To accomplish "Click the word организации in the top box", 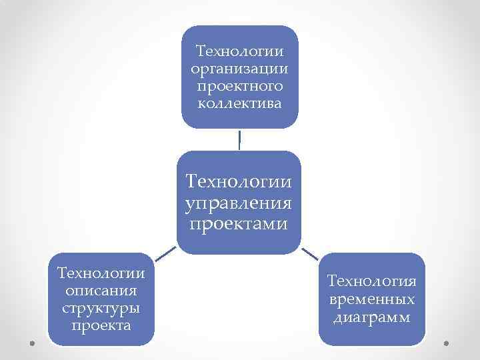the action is tap(239, 69).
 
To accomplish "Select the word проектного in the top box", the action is tap(239, 86).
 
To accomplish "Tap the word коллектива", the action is tap(239, 103).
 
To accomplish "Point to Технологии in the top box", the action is tap(239, 51).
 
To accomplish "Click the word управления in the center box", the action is tap(239, 201).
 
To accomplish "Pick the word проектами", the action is tap(239, 222).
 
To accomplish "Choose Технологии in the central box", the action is tap(239, 180).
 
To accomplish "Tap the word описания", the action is tap(101, 291).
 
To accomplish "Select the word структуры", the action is tap(101, 309).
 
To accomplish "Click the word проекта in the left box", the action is tap(101, 326).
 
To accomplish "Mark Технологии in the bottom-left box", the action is tap(101, 274).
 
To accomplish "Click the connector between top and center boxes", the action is tap(239, 139).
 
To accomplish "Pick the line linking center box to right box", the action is tap(309, 253).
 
